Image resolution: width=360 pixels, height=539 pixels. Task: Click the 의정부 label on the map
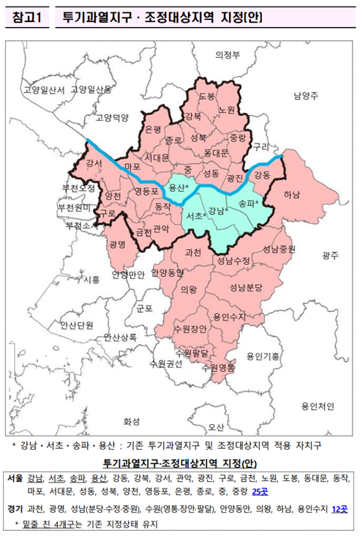(228, 55)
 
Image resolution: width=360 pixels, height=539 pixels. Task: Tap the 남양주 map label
(305, 95)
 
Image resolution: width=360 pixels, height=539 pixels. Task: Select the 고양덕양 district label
(112, 117)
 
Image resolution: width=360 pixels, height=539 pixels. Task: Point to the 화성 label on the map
(132, 421)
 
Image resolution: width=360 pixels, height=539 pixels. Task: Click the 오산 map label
(216, 426)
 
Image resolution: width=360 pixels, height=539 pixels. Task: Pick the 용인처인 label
(317, 405)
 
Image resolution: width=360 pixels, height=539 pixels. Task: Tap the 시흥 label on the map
(92, 279)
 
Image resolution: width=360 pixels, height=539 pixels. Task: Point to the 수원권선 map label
(165, 363)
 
